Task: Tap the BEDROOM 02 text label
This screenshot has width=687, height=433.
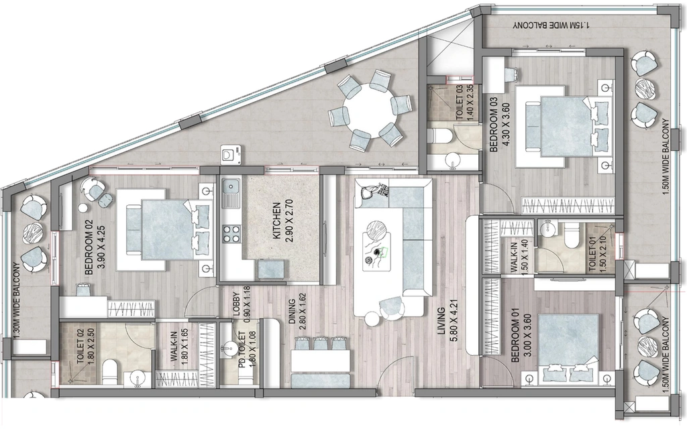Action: point(88,253)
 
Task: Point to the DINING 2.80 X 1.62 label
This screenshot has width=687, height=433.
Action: point(297,308)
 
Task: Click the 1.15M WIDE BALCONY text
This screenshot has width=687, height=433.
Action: point(553,26)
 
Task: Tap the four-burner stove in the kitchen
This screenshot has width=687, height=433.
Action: point(232,233)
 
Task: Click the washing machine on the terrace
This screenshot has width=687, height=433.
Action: point(231,154)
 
